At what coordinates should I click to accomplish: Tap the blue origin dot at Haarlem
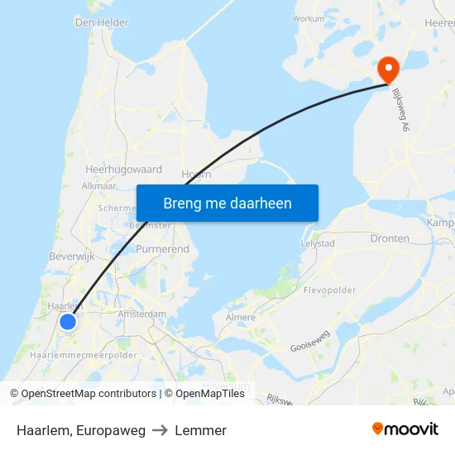(68, 322)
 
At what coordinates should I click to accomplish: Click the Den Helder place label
(102, 22)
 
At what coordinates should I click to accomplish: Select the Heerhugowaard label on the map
(123, 169)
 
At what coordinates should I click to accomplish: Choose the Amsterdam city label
(142, 314)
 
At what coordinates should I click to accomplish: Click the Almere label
(241, 317)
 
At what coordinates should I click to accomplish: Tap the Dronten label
(390, 238)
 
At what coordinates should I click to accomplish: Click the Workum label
(309, 17)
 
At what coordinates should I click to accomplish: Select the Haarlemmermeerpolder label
(83, 355)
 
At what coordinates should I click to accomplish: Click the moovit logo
(405, 429)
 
